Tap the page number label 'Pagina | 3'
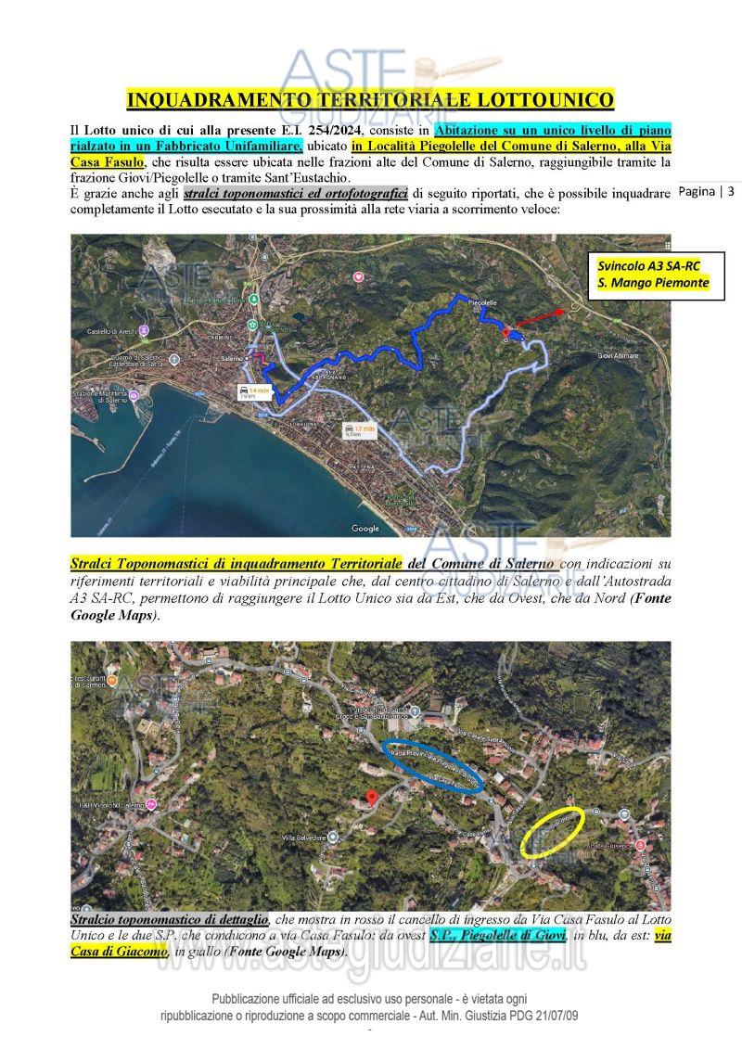click(707, 192)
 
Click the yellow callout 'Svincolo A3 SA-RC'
click(648, 266)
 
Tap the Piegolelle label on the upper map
click(482, 302)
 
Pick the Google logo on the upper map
click(365, 529)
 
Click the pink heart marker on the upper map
click(359, 277)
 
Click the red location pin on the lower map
click(370, 798)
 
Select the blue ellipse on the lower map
click(432, 766)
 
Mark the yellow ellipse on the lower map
click(553, 831)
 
